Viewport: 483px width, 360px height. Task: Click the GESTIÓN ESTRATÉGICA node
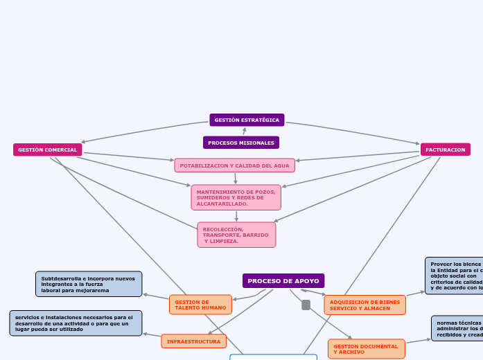(247, 120)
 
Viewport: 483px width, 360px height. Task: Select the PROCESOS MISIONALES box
(240, 143)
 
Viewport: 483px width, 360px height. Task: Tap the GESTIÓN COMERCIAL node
(47, 150)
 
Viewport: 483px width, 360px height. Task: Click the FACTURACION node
(445, 150)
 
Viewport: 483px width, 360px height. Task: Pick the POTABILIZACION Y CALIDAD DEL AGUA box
(234, 165)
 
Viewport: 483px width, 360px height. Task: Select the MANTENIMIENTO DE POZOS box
(236, 197)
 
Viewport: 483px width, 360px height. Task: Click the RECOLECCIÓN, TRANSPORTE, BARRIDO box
(236, 235)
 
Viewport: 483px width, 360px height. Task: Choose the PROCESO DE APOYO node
(283, 281)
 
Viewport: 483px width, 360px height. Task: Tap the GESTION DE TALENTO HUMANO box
(200, 305)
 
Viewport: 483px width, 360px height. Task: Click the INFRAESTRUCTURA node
(193, 341)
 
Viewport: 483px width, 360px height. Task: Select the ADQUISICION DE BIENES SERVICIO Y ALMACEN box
(365, 305)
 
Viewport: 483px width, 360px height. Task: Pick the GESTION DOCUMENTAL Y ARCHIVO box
(366, 349)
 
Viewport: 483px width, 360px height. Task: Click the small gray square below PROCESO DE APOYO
(306, 305)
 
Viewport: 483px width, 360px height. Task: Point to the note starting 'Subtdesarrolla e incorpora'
(89, 284)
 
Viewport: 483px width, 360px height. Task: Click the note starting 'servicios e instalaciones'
(76, 323)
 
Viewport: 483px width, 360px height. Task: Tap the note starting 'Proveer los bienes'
(455, 276)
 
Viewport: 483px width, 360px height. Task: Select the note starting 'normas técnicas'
(457, 328)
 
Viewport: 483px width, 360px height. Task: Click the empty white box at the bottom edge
(273, 357)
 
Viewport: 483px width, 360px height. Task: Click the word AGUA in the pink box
(281, 165)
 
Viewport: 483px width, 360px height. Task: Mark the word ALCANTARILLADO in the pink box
(222, 204)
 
